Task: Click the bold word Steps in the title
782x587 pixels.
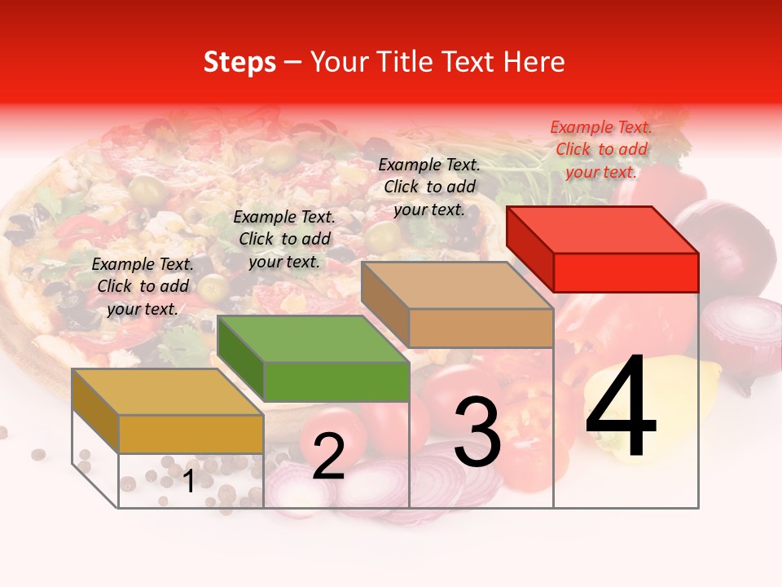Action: pos(239,62)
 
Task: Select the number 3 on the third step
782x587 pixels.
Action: pos(477,432)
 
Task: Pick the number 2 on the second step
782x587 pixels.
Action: pos(328,457)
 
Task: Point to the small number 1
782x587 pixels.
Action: pos(189,482)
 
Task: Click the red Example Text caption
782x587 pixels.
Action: pos(601,149)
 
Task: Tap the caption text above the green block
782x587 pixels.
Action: pos(284,239)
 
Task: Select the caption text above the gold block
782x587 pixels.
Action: pos(143,286)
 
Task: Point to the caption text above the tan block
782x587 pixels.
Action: pos(429,187)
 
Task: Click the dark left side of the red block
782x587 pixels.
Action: pos(529,248)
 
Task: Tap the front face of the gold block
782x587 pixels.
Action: pos(191,434)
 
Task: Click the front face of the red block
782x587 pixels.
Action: pos(626,272)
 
